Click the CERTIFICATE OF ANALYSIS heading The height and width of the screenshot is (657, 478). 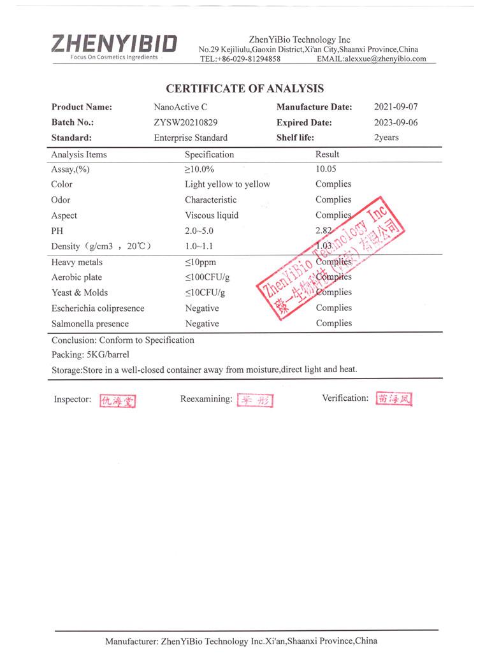click(x=245, y=89)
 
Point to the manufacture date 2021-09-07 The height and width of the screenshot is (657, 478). click(x=395, y=107)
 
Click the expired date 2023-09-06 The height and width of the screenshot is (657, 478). click(x=395, y=122)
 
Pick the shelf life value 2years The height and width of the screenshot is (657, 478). click(x=386, y=138)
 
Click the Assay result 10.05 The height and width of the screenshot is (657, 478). click(x=326, y=170)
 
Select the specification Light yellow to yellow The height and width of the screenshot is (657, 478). click(x=228, y=185)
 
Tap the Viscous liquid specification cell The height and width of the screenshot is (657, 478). click(x=212, y=215)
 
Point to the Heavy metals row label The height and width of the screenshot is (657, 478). click(x=76, y=263)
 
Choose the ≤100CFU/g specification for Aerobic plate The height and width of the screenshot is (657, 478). click(x=207, y=278)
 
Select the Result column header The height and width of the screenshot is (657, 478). click(x=327, y=154)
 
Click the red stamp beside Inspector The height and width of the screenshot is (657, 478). click(x=118, y=401)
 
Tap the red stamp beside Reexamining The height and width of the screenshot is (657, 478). click(x=255, y=400)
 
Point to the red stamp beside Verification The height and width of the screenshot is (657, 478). click(x=395, y=399)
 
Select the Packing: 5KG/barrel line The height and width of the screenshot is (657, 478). click(x=90, y=355)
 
